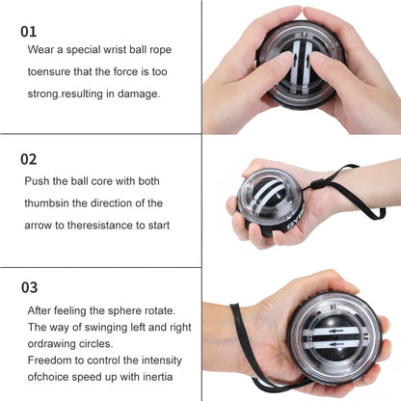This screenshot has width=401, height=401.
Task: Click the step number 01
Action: [x=29, y=31]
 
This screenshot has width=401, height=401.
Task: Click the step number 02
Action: [x=30, y=158]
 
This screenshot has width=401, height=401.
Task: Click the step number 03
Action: [x=30, y=286]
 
